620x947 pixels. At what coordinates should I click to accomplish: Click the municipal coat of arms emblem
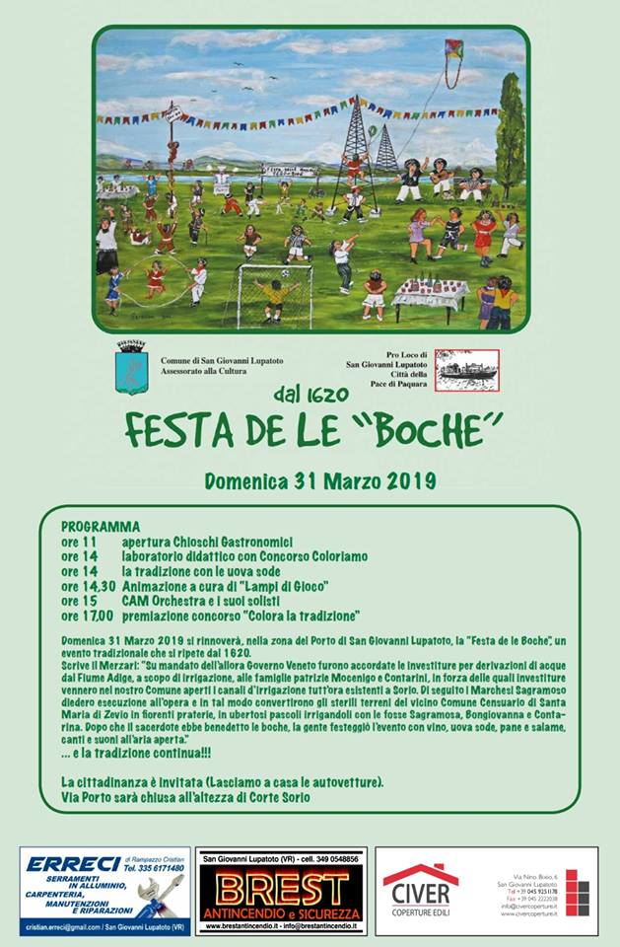132,368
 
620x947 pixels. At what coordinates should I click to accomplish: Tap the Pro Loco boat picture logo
467,369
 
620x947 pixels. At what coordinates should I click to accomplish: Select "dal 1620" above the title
313,395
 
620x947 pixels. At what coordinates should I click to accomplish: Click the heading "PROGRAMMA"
101,527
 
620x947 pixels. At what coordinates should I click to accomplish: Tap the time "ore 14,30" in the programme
88,585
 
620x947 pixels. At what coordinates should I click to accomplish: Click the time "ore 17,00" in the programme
88,615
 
